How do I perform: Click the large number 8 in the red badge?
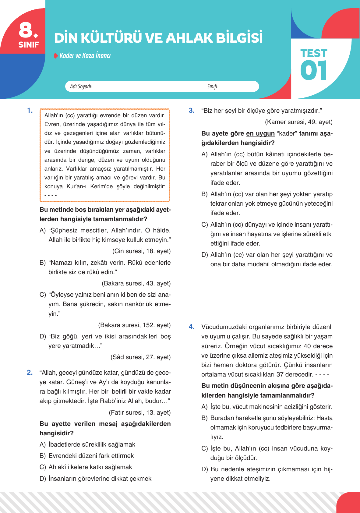(26, 30)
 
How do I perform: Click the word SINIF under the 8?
(29, 45)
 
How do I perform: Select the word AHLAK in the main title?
(189, 38)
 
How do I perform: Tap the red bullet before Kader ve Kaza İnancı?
(56, 56)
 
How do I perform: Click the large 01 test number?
(313, 71)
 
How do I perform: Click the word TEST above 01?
(313, 53)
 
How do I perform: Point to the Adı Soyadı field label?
(81, 87)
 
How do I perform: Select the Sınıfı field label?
(213, 87)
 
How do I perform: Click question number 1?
(30, 111)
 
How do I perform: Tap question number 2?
(30, 372)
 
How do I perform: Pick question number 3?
(192, 111)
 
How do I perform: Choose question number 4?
(192, 327)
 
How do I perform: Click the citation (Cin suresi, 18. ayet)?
(141, 251)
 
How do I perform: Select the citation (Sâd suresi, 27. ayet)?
(140, 357)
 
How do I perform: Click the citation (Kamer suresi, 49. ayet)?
(298, 122)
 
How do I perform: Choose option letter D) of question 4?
(205, 469)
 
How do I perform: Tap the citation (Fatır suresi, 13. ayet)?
(139, 412)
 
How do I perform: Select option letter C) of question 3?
(205, 225)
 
